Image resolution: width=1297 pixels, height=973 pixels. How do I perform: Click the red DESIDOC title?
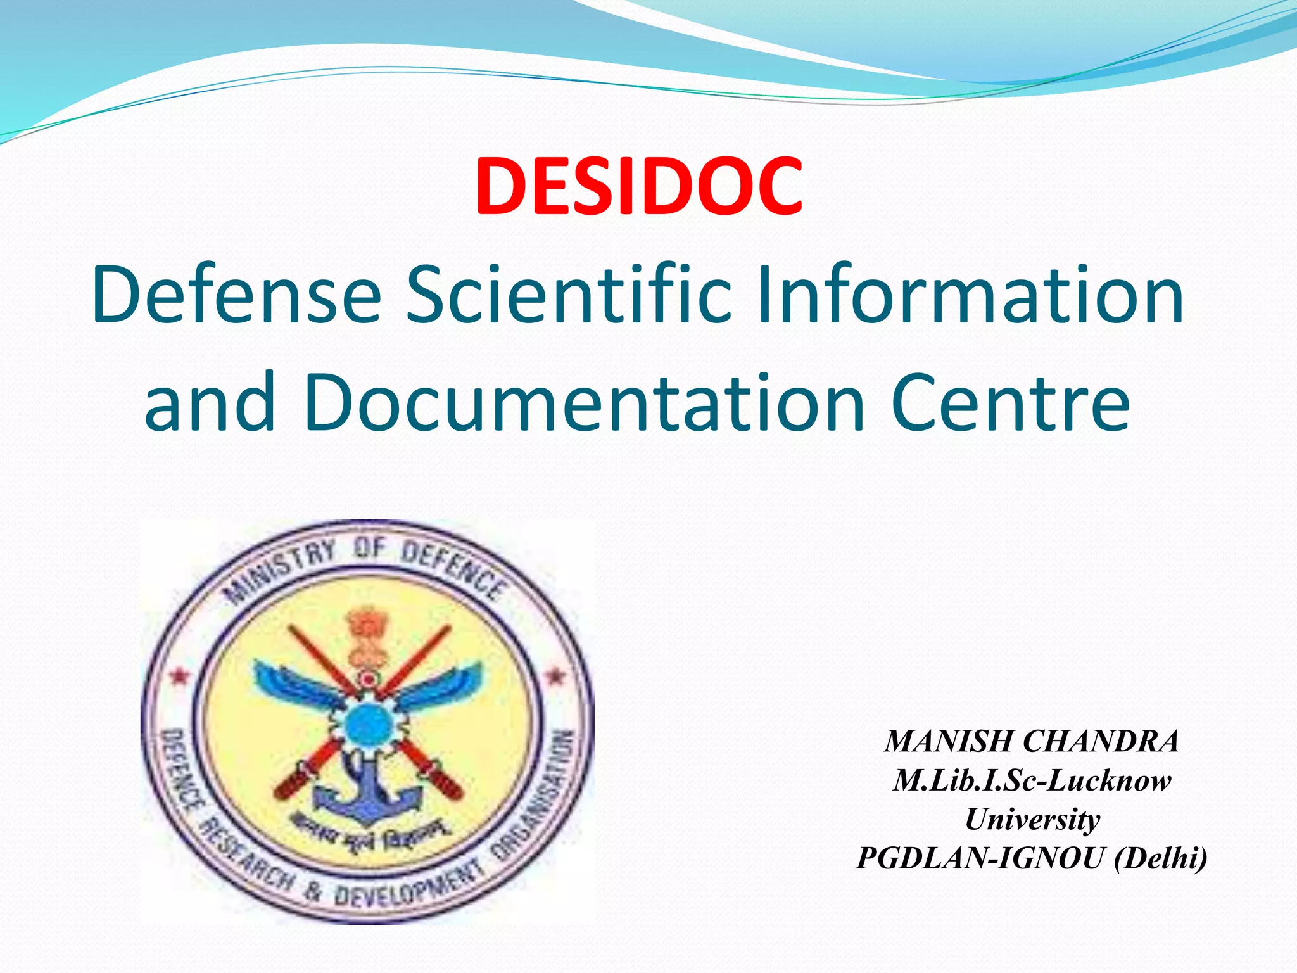[639, 187]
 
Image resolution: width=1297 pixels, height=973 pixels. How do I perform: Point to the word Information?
[970, 295]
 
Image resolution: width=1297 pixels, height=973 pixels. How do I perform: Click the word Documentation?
[584, 402]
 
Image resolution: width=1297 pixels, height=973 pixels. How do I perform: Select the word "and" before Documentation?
[210, 402]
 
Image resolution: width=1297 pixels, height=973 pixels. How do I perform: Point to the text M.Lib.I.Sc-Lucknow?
[1032, 780]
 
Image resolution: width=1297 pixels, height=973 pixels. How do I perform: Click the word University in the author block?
[1032, 819]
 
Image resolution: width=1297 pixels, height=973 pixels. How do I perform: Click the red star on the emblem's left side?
[179, 677]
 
